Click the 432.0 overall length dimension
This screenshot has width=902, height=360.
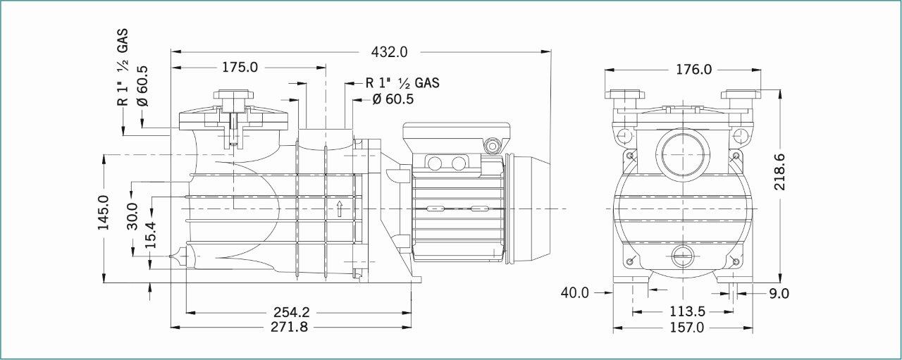tap(389, 52)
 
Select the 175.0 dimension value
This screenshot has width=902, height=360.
tap(240, 67)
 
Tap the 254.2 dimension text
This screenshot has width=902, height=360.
tap(292, 312)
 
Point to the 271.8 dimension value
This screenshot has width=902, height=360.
tap(289, 327)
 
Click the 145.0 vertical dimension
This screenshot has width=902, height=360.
tap(104, 213)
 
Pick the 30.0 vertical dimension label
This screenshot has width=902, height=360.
tap(132, 216)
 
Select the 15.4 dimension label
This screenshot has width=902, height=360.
tap(151, 235)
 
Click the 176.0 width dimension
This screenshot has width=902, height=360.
tap(693, 70)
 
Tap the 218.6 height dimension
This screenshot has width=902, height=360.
tap(779, 171)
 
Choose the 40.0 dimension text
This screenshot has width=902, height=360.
tap(574, 293)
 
